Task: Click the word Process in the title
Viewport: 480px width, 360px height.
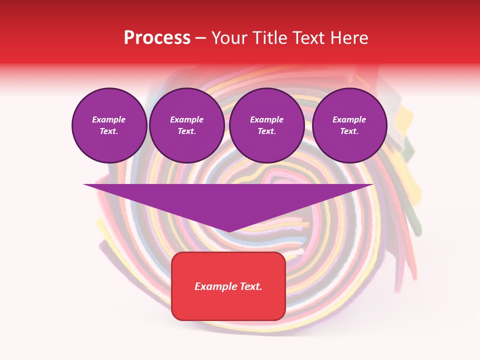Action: [157, 38]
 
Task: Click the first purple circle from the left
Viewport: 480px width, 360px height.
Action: [109, 125]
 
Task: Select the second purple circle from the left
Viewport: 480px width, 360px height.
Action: [186, 125]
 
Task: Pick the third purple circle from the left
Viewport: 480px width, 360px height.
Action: [266, 125]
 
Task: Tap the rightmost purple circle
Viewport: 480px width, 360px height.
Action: [349, 125]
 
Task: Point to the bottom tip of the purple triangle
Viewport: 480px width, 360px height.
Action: [228, 231]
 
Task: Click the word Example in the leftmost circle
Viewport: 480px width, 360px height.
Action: [109, 119]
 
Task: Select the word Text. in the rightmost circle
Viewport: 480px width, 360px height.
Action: [349, 131]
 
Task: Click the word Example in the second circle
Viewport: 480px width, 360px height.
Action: [186, 119]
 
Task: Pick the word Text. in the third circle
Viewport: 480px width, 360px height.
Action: [266, 131]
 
